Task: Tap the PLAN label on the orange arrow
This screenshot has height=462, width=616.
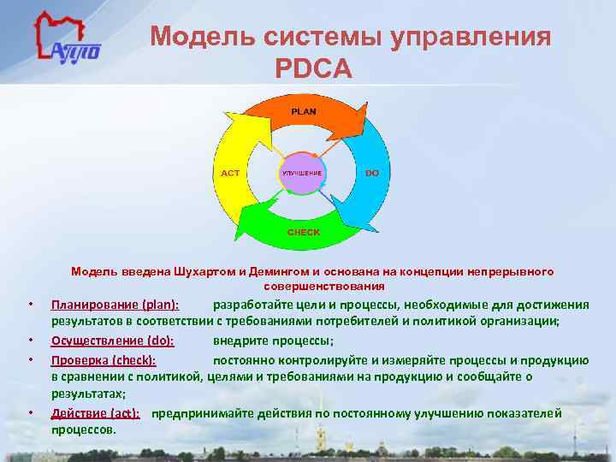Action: [303, 111]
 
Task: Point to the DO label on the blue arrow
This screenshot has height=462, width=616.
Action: [372, 173]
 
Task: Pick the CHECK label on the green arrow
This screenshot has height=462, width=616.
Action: [303, 233]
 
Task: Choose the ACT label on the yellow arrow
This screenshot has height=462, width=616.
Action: [231, 173]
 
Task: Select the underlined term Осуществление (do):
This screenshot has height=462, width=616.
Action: [112, 341]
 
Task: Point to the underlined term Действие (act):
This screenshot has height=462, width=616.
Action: [95, 413]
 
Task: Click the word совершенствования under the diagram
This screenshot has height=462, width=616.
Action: [324, 286]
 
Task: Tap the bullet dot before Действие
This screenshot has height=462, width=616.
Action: [29, 414]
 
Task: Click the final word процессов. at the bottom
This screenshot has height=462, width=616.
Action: [84, 429]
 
